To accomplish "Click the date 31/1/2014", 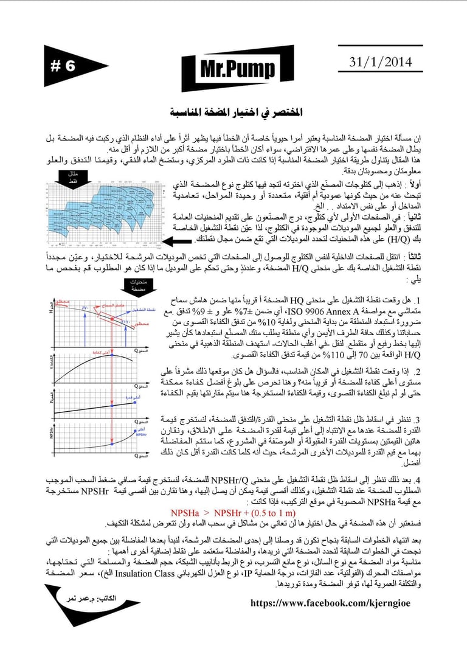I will (381, 62).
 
